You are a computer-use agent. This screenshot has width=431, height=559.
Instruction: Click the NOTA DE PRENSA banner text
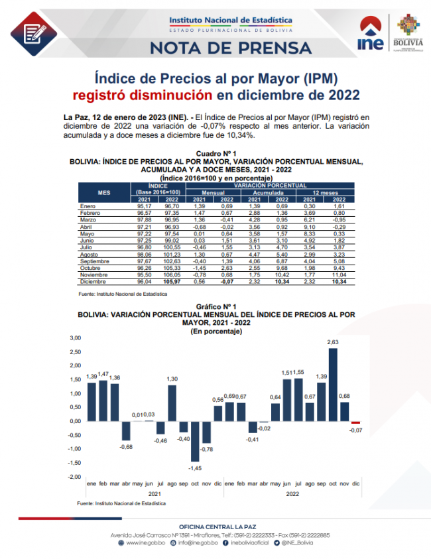point(231,48)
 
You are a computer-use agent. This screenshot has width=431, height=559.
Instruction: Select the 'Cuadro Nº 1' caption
point(216,154)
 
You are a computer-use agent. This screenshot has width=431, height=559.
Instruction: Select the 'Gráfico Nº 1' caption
point(216,307)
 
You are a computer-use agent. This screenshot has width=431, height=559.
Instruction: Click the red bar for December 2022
point(355,422)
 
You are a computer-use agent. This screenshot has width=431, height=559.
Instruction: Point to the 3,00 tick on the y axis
point(75,338)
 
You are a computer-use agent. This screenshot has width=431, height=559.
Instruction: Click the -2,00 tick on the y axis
point(74,477)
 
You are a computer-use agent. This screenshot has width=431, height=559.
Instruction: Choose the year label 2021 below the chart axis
point(154,494)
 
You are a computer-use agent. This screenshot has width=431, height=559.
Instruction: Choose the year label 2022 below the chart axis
point(291,494)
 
